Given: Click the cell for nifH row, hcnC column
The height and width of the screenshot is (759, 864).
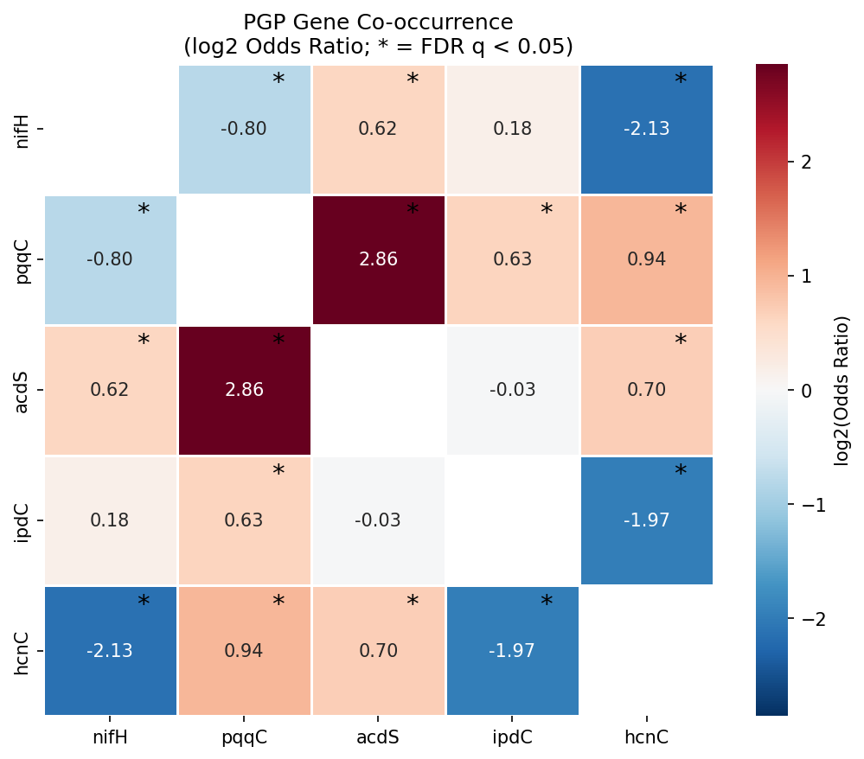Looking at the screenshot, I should point(646,129).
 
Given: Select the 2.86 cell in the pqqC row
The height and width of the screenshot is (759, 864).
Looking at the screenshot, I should point(378,259).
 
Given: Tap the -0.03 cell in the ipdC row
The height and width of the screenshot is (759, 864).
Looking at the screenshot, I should point(378,520).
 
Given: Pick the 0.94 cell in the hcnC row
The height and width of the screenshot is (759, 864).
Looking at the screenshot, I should point(244,651).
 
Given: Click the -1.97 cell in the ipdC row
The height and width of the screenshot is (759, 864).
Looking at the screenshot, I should point(646,520).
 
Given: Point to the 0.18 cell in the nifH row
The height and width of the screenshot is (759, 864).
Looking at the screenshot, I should point(512,129).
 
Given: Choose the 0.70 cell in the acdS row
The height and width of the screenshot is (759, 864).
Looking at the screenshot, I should point(646,390).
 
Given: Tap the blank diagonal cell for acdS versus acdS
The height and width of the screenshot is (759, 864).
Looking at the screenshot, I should point(378,390).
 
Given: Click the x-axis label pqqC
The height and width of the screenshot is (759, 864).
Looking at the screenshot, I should point(244,737).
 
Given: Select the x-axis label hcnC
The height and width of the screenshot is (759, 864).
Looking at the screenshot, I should point(646,737).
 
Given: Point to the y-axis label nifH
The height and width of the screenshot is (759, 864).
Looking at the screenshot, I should point(23,129).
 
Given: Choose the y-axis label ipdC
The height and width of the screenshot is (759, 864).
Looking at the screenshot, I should point(23,520).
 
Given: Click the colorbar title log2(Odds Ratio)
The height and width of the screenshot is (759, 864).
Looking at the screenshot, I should point(842,390).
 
